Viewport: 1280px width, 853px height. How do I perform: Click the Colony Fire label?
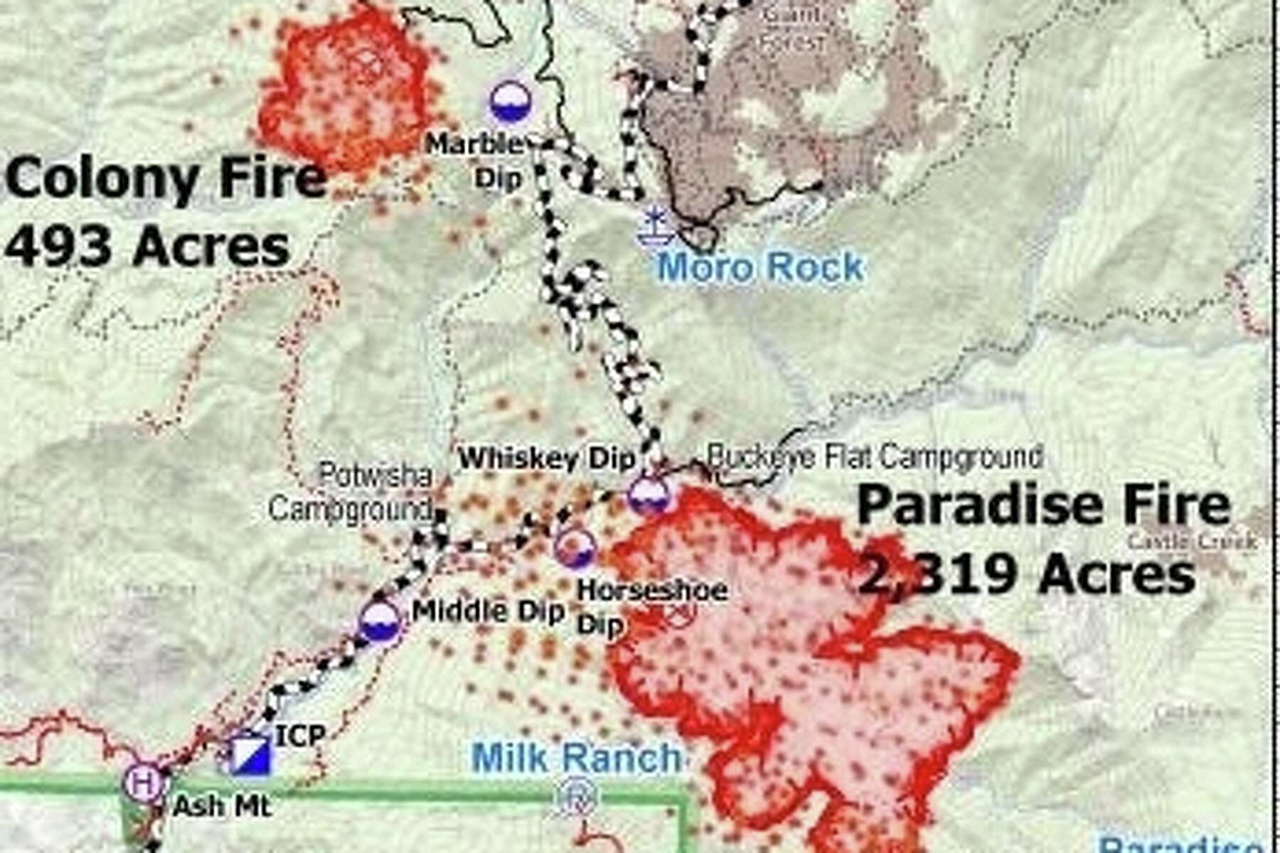(x=165, y=178)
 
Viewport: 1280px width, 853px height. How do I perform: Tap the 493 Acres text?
(x=148, y=246)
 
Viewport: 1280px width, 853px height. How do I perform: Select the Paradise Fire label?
(x=1043, y=505)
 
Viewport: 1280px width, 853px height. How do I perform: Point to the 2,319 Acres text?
(x=1027, y=574)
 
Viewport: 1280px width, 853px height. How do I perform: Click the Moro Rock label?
(x=760, y=268)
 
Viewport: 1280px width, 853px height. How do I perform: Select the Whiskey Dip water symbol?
(x=650, y=494)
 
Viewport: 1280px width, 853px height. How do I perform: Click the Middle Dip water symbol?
(x=380, y=622)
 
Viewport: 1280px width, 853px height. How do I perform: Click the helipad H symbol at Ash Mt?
(x=144, y=784)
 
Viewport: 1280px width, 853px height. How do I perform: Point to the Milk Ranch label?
(x=576, y=758)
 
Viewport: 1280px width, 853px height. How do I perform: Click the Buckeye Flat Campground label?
(x=875, y=456)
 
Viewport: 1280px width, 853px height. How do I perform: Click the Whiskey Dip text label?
(x=546, y=458)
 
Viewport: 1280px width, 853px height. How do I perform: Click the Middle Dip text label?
(x=489, y=611)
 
